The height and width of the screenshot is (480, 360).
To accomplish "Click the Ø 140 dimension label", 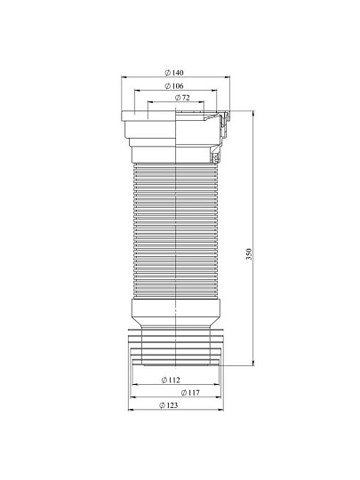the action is coord(174,73).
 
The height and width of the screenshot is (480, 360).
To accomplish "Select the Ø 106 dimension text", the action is coord(174,86).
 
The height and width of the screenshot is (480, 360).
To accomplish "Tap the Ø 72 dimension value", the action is coord(182,98).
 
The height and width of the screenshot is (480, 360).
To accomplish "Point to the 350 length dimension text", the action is coord(249,254).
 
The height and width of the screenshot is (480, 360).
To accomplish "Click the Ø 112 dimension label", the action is coord(171,380).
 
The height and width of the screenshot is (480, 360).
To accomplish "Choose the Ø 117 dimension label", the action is coord(190,393).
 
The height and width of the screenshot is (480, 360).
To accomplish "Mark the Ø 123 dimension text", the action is coord(168,405).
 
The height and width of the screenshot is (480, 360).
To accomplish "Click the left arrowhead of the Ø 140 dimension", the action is coord(124,77).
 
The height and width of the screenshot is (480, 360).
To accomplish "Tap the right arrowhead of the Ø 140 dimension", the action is coord(228,77).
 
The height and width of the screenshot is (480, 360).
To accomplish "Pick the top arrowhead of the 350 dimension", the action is coord(253,113).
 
